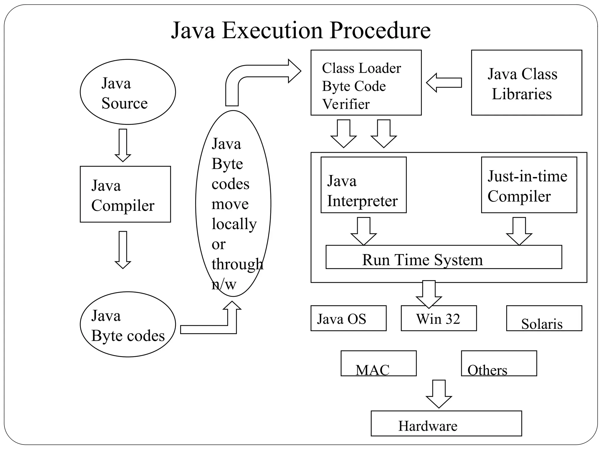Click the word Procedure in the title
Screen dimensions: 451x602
click(380, 31)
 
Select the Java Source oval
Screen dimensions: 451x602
click(128, 92)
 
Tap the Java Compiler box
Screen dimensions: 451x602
click(125, 194)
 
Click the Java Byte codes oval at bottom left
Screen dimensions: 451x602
click(128, 324)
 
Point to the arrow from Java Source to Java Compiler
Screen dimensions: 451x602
click(123, 145)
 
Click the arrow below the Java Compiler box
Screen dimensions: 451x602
click(123, 250)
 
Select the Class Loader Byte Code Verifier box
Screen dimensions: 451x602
click(366, 83)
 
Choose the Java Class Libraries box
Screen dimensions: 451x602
click(526, 83)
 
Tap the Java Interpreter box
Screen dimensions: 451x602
click(363, 185)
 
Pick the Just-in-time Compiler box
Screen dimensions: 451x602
click(529, 185)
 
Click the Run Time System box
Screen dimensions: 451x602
click(444, 257)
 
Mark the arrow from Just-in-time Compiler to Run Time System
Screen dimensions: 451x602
click(519, 231)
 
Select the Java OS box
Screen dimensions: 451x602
click(348, 318)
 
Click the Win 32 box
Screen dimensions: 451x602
click(439, 318)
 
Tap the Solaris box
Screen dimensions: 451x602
click(544, 318)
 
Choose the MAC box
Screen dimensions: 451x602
click(378, 363)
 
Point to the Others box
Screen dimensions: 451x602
click(499, 363)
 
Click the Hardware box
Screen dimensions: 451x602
click(446, 423)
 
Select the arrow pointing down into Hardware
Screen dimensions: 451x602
click(439, 394)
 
